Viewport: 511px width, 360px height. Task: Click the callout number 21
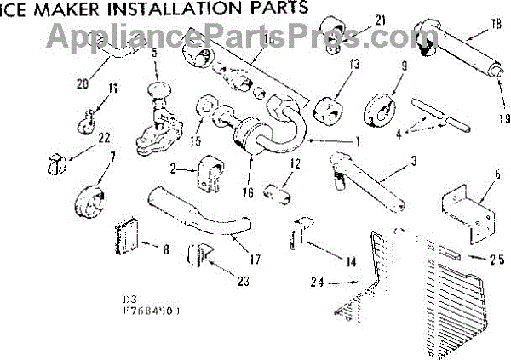356,20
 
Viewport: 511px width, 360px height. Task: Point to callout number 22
104,138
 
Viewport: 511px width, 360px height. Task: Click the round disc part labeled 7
87,203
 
